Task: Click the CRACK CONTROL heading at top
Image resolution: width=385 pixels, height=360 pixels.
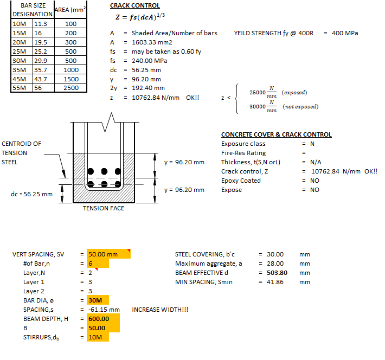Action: (134, 6)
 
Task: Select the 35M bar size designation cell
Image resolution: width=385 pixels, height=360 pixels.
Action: (20, 70)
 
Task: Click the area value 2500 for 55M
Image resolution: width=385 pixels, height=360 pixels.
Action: (70, 88)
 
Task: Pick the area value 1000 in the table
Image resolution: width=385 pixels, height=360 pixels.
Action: (70, 70)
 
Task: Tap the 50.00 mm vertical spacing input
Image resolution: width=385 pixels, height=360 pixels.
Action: (102, 254)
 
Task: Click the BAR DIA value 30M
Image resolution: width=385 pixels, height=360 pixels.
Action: (95, 300)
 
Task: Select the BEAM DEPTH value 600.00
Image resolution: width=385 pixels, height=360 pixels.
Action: (99, 319)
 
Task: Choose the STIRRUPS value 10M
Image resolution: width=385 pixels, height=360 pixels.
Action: (95, 337)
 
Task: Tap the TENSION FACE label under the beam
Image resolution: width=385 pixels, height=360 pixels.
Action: (103, 208)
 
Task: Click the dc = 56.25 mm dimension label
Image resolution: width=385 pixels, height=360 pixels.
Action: (32, 194)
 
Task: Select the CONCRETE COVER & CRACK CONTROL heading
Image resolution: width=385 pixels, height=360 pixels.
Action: (276, 134)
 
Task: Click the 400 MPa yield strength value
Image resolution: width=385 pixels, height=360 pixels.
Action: (345, 33)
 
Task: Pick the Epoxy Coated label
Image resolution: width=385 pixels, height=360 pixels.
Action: (241, 181)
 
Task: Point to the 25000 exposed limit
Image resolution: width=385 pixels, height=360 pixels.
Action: (257, 93)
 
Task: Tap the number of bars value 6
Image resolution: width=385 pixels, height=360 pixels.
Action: (91, 263)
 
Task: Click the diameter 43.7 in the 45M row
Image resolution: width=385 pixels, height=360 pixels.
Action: (41, 79)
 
